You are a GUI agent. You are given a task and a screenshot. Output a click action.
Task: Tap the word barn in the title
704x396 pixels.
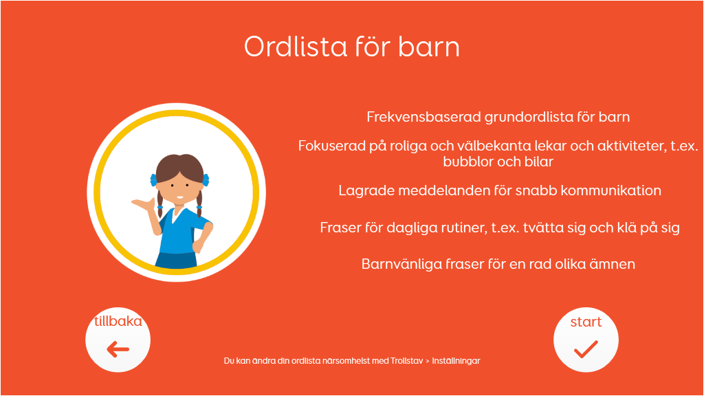tap(429, 46)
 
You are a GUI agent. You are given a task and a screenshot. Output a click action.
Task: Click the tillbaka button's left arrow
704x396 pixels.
tap(118, 349)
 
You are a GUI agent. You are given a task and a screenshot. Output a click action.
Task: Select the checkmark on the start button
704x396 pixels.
tap(586, 349)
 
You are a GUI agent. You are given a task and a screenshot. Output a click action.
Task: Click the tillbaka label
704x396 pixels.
tap(118, 321)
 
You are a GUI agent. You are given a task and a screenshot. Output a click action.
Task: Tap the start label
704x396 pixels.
tap(586, 322)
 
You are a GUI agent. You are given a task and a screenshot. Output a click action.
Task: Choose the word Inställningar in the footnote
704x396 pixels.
tap(456, 361)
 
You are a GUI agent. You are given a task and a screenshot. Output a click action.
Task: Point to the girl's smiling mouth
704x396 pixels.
tap(179, 197)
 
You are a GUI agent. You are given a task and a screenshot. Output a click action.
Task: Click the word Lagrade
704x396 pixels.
tap(366, 191)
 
